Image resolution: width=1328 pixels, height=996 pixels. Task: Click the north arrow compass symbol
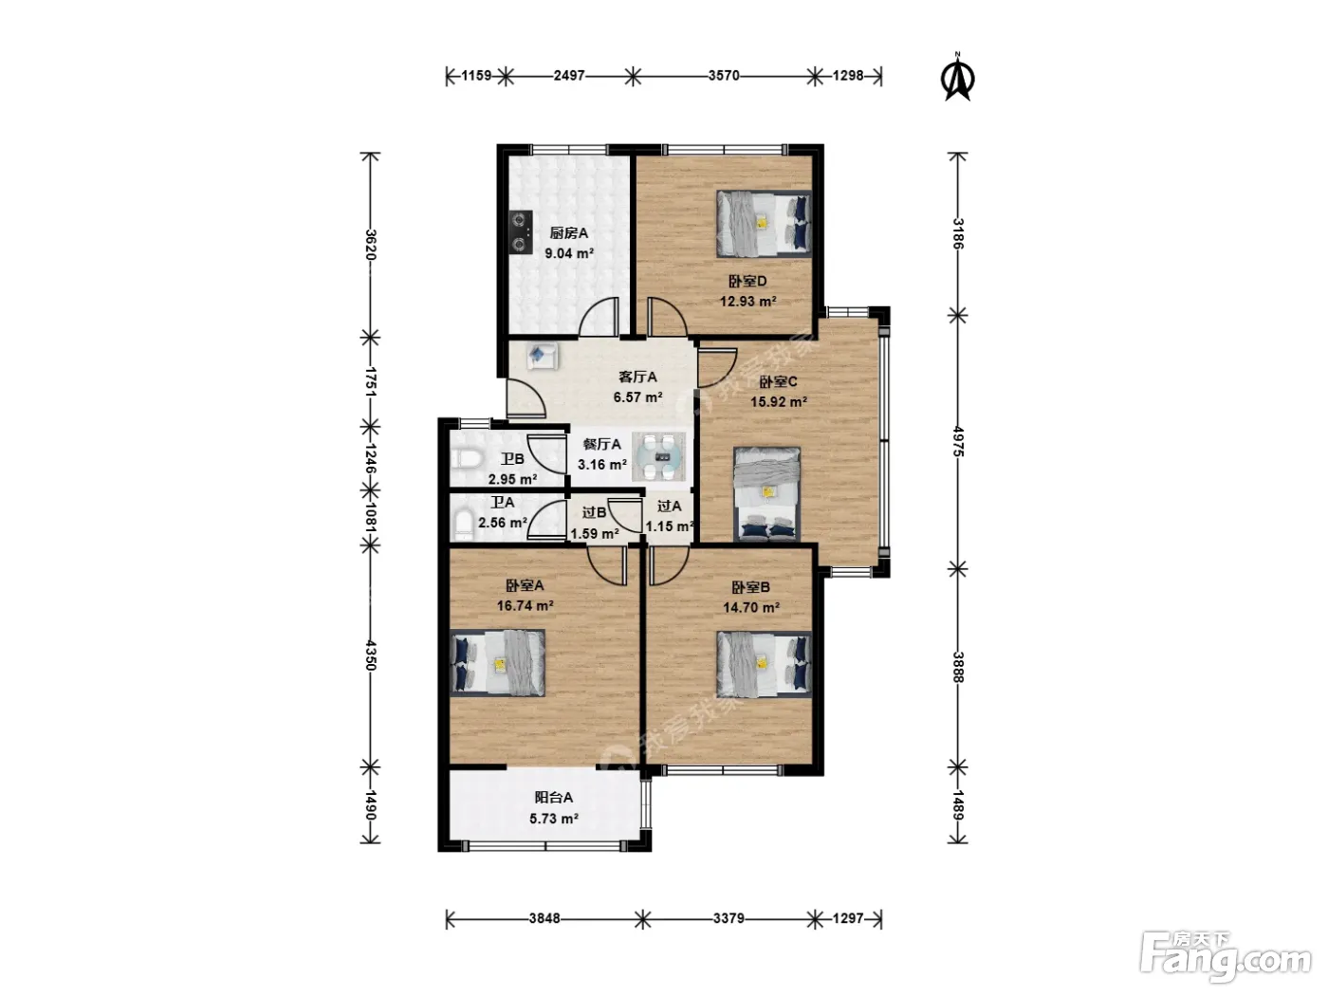point(958,78)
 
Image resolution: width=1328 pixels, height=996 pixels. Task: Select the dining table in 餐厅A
point(659,456)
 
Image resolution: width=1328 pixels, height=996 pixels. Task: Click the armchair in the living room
point(542,357)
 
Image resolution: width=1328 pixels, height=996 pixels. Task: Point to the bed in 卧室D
point(764,225)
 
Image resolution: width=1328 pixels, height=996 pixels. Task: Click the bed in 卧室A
point(497,663)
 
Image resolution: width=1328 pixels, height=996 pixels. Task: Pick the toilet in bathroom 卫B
point(466,459)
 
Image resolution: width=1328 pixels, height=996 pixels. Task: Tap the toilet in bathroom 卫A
point(464,525)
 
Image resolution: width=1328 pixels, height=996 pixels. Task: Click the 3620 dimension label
point(371,245)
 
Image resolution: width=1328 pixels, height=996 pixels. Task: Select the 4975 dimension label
point(958,441)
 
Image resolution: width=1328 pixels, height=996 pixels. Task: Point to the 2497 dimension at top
point(569,76)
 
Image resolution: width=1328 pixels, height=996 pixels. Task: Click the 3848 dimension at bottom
point(544,918)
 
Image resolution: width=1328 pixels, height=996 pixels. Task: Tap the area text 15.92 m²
point(779,401)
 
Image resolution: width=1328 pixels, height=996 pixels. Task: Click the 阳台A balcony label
point(554,798)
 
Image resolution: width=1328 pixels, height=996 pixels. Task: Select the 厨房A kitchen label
point(569,232)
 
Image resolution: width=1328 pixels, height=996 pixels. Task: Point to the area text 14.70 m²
point(751,607)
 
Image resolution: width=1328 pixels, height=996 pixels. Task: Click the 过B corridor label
point(594,513)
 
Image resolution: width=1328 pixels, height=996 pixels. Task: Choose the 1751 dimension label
point(371,381)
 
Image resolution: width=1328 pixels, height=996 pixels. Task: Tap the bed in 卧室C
point(766,494)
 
